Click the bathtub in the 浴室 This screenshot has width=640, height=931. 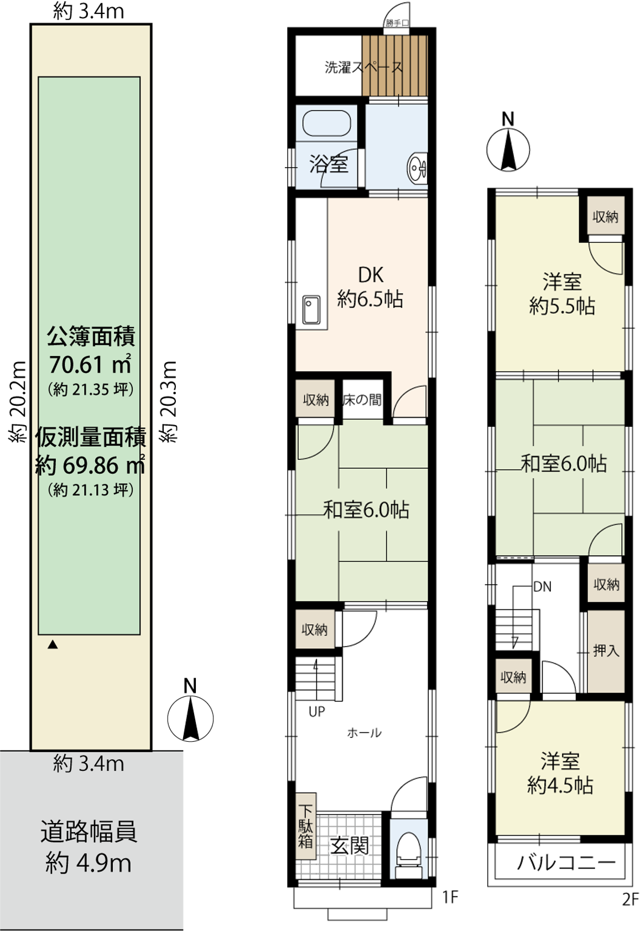326,123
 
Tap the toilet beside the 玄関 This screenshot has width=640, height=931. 409,852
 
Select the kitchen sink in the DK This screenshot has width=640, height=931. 311,309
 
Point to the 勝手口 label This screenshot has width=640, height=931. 397,23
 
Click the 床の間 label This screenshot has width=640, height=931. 362,400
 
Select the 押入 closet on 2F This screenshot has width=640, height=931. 606,650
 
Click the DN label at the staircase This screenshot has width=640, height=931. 543,587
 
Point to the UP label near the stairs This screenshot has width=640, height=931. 317,712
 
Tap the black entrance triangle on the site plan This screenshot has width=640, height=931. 53,645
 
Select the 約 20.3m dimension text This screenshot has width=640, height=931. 169,402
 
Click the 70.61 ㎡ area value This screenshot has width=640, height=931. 90,365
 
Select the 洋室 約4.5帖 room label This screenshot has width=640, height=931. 560,773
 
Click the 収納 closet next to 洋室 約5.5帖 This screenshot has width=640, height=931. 605,216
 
